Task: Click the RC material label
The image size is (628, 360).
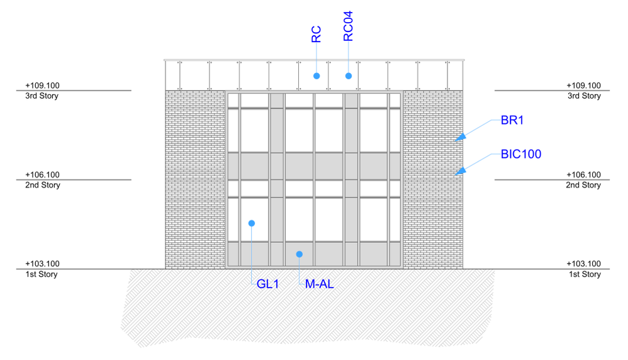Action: [317, 34]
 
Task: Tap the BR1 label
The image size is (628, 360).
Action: [512, 121]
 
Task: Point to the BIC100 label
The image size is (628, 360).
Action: [521, 154]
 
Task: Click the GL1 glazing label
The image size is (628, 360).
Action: [267, 284]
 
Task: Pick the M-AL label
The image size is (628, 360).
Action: [319, 284]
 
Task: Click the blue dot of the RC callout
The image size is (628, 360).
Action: [317, 76]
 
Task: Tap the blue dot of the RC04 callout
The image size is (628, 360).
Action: [348, 76]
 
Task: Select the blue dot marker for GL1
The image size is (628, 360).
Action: [251, 223]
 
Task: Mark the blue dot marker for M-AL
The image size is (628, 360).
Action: [300, 254]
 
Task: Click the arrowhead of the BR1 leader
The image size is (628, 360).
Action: [461, 137]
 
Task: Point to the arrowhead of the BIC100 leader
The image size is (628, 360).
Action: [461, 170]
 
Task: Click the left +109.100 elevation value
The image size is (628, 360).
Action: [42, 86]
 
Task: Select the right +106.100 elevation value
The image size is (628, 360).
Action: [584, 175]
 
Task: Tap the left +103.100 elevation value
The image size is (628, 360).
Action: [42, 264]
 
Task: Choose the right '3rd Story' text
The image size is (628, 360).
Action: [584, 96]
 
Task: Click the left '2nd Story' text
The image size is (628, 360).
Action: [42, 186]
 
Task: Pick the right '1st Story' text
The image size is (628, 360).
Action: [584, 275]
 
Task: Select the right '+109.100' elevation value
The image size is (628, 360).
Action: [584, 86]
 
